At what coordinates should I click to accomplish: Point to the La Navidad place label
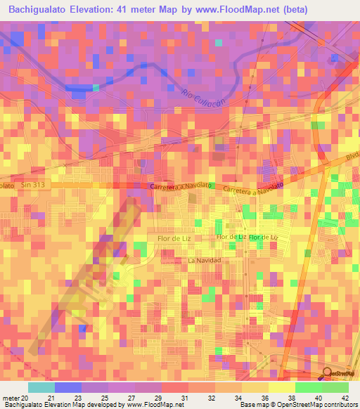click(205, 261)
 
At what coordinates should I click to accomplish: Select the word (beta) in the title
click(293, 10)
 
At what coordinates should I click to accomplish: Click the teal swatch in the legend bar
click(41, 387)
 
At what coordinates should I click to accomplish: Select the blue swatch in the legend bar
click(67, 387)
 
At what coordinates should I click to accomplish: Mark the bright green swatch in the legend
click(308, 387)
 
